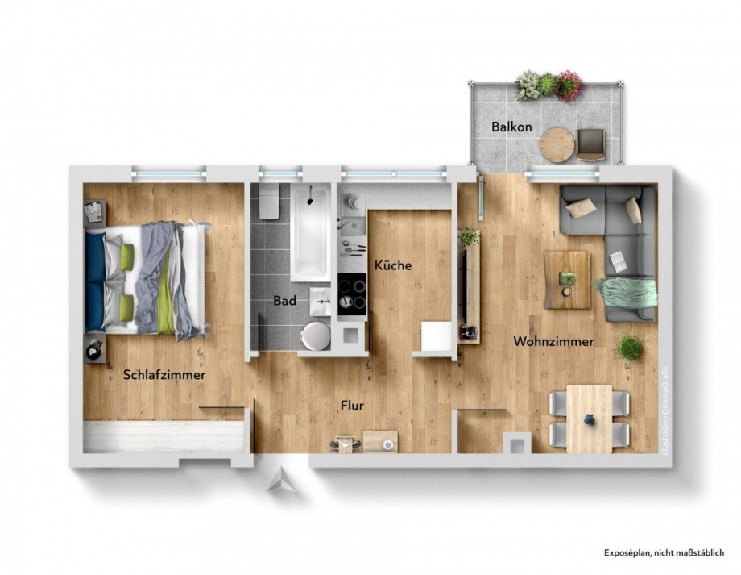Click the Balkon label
tap(511, 127)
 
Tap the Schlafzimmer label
tap(164, 375)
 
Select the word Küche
tap(392, 265)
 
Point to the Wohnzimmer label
tap(553, 341)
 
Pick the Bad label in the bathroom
tap(284, 300)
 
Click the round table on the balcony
tap(557, 145)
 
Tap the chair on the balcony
tap(591, 143)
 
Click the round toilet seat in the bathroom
tap(315, 335)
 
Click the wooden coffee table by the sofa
tap(566, 279)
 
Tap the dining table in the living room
tap(589, 418)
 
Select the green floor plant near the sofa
tap(630, 348)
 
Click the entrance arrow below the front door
tap(281, 481)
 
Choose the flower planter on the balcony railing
tap(549, 85)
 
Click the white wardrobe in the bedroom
tap(164, 436)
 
